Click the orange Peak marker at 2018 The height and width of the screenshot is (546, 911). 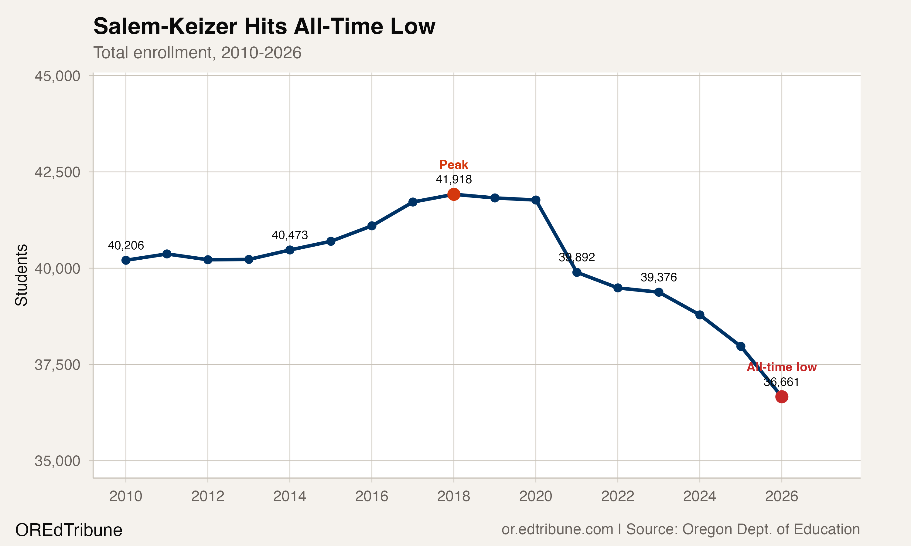pos(454,194)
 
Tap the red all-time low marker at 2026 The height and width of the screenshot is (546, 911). pos(781,397)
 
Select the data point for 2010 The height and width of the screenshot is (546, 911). pos(126,260)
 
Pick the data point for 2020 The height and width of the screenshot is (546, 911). pos(536,200)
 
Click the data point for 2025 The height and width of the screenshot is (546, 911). pos(741,346)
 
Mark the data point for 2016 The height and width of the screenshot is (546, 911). pos(372,226)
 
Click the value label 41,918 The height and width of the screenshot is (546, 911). pos(454,179)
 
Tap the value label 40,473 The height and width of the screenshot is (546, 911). pos(290,235)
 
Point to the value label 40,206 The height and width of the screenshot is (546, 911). pos(126,245)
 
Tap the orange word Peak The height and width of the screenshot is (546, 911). pos(454,164)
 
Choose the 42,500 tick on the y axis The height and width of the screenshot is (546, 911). pos(57,172)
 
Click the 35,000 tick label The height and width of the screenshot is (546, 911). pos(57,461)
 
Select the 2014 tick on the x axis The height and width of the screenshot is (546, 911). pos(290,496)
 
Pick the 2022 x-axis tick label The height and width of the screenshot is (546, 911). pos(618,496)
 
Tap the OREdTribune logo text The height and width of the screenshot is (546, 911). pos(69,530)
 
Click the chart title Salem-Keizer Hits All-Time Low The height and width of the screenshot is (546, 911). pos(264,26)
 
